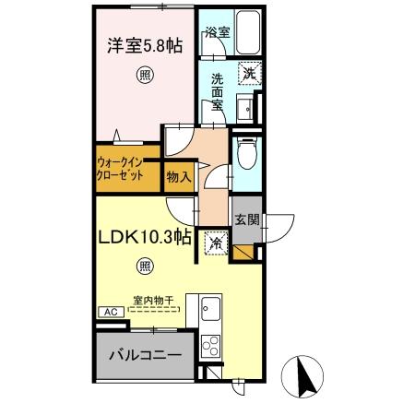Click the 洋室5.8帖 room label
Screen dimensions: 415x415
point(144,42)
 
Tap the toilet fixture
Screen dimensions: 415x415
point(246,156)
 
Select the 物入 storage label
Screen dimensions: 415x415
point(179,175)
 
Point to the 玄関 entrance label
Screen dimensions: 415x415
point(246,219)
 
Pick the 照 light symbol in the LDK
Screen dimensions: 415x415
point(145,267)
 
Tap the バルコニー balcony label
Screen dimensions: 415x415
point(144,354)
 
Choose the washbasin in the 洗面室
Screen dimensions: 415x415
point(245,111)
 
